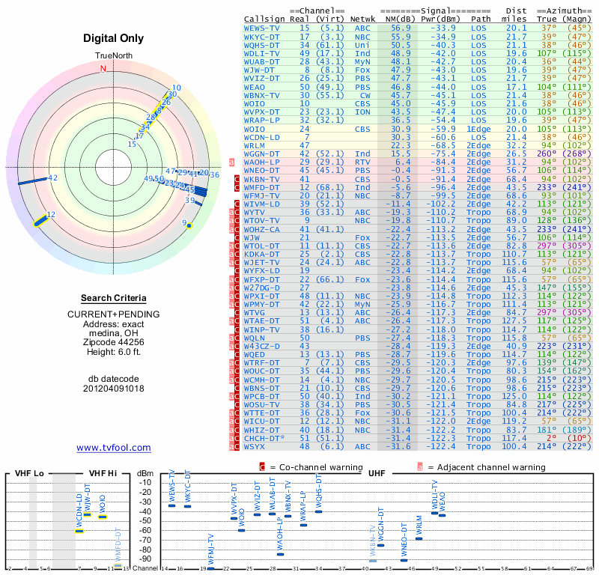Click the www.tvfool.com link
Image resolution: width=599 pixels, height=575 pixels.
[x=114, y=448]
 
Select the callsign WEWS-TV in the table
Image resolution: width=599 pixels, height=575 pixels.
[x=262, y=28]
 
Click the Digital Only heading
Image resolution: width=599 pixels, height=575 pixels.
[x=114, y=38]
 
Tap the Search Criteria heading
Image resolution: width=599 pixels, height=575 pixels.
[x=114, y=297]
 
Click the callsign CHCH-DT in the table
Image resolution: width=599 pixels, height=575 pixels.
[x=263, y=437]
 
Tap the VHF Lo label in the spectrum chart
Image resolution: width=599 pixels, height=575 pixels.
[x=29, y=473]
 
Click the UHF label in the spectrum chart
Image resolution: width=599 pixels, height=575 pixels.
[x=377, y=473]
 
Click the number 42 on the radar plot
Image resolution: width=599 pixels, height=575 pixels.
[x=52, y=178]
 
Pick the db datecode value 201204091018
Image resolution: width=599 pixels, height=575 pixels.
[x=114, y=389]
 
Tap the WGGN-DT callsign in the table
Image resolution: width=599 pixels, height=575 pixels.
[x=263, y=153]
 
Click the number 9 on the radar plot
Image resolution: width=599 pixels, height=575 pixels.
[x=184, y=222]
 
